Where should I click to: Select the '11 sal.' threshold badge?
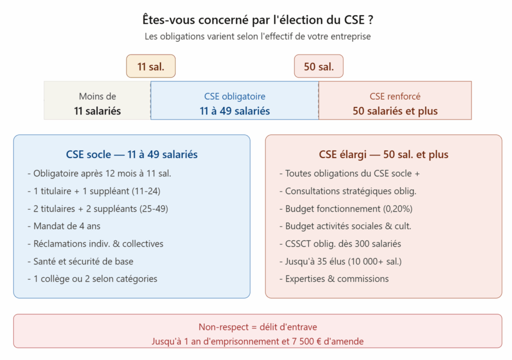(x=150, y=66)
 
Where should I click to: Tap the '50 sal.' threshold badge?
(x=318, y=66)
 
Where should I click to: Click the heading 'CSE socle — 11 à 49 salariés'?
(x=132, y=154)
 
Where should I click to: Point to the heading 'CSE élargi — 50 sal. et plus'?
(x=383, y=154)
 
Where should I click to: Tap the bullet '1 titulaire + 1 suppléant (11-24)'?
(x=94, y=191)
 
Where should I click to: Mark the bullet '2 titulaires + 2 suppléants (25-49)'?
(x=98, y=208)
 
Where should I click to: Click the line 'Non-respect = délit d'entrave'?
(x=257, y=327)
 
